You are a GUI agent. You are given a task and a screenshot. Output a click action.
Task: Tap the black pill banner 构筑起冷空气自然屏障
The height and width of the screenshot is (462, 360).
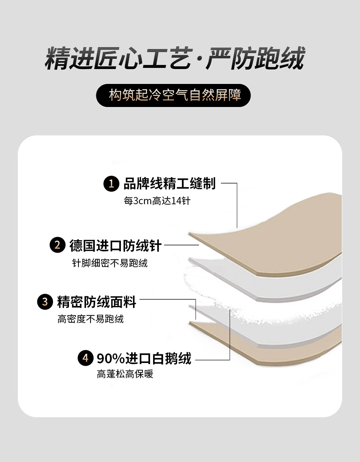[174, 95]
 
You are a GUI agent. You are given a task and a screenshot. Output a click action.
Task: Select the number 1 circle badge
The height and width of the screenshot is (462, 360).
[111, 184]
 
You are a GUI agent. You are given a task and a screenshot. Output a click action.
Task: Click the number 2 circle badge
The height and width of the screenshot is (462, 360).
[57, 245]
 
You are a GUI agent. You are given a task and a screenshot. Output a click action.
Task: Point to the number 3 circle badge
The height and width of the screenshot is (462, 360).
[45, 302]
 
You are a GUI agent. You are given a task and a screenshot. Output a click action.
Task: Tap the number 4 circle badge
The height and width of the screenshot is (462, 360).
[85, 358]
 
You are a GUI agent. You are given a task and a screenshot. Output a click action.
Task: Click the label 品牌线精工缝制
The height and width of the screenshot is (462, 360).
[169, 184]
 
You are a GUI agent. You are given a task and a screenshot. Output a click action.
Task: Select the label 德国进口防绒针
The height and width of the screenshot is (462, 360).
[116, 245]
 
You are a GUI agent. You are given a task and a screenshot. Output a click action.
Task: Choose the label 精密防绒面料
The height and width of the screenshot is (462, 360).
[97, 302]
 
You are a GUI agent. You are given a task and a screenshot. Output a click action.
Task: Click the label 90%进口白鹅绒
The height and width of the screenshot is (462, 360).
[144, 358]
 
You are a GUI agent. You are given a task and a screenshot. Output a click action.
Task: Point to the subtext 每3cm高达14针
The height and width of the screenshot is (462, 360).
[157, 201]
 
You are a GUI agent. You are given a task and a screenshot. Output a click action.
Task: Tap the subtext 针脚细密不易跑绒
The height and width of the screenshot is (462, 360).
[110, 262]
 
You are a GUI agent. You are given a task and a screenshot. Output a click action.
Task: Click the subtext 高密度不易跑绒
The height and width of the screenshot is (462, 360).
[91, 319]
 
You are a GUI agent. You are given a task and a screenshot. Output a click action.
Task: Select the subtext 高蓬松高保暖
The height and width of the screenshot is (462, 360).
[125, 374]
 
